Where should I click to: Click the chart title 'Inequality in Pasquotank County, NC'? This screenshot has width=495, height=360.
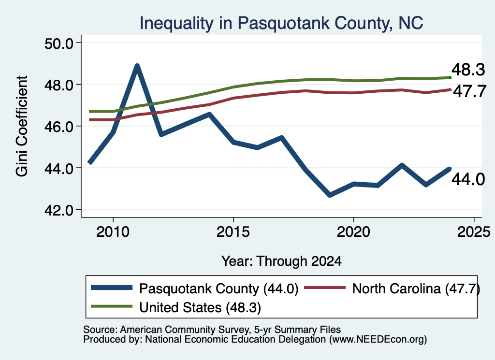tap(281, 23)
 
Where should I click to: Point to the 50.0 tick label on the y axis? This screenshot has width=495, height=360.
tap(58, 43)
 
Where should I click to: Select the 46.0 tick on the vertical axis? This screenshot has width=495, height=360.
tap(58, 127)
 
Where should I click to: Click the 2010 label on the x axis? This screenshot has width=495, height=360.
tap(113, 232)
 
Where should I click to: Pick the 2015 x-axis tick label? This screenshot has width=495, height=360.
tap(233, 232)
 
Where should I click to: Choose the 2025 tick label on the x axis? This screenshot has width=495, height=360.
tap(474, 232)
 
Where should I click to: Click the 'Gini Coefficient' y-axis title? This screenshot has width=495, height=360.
tap(22, 126)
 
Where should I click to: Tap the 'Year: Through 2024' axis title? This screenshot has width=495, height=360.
tap(281, 261)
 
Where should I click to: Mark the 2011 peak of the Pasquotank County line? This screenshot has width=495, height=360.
tap(137, 66)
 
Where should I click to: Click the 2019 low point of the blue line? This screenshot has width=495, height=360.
tap(330, 195)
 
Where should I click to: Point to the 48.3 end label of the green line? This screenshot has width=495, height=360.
tap(468, 70)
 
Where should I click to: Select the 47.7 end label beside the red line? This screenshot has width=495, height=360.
tap(470, 91)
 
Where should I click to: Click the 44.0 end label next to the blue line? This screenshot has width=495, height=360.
tap(468, 180)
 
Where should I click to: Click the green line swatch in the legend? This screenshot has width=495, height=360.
tap(112, 306)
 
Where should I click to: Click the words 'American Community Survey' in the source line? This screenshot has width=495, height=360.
tap(184, 330)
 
